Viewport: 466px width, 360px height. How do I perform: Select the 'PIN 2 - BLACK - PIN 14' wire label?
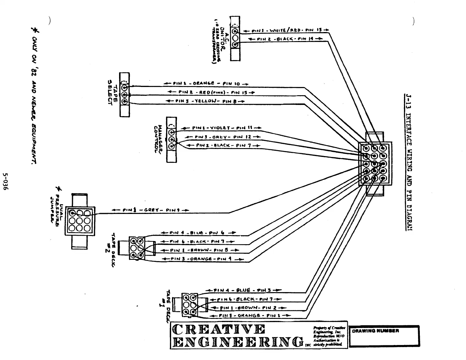[285, 39]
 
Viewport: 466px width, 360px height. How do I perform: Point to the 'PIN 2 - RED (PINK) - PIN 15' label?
[211, 92]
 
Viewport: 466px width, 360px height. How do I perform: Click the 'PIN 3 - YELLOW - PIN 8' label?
[206, 101]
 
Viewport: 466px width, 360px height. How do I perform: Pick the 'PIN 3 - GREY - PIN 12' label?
[223, 137]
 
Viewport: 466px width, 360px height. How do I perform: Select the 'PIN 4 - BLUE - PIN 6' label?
[198, 233]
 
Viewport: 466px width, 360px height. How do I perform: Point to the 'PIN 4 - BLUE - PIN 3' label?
[244, 290]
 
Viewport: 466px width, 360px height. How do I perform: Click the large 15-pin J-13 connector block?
[375, 164]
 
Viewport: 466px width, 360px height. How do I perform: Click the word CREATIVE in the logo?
[219, 329]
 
